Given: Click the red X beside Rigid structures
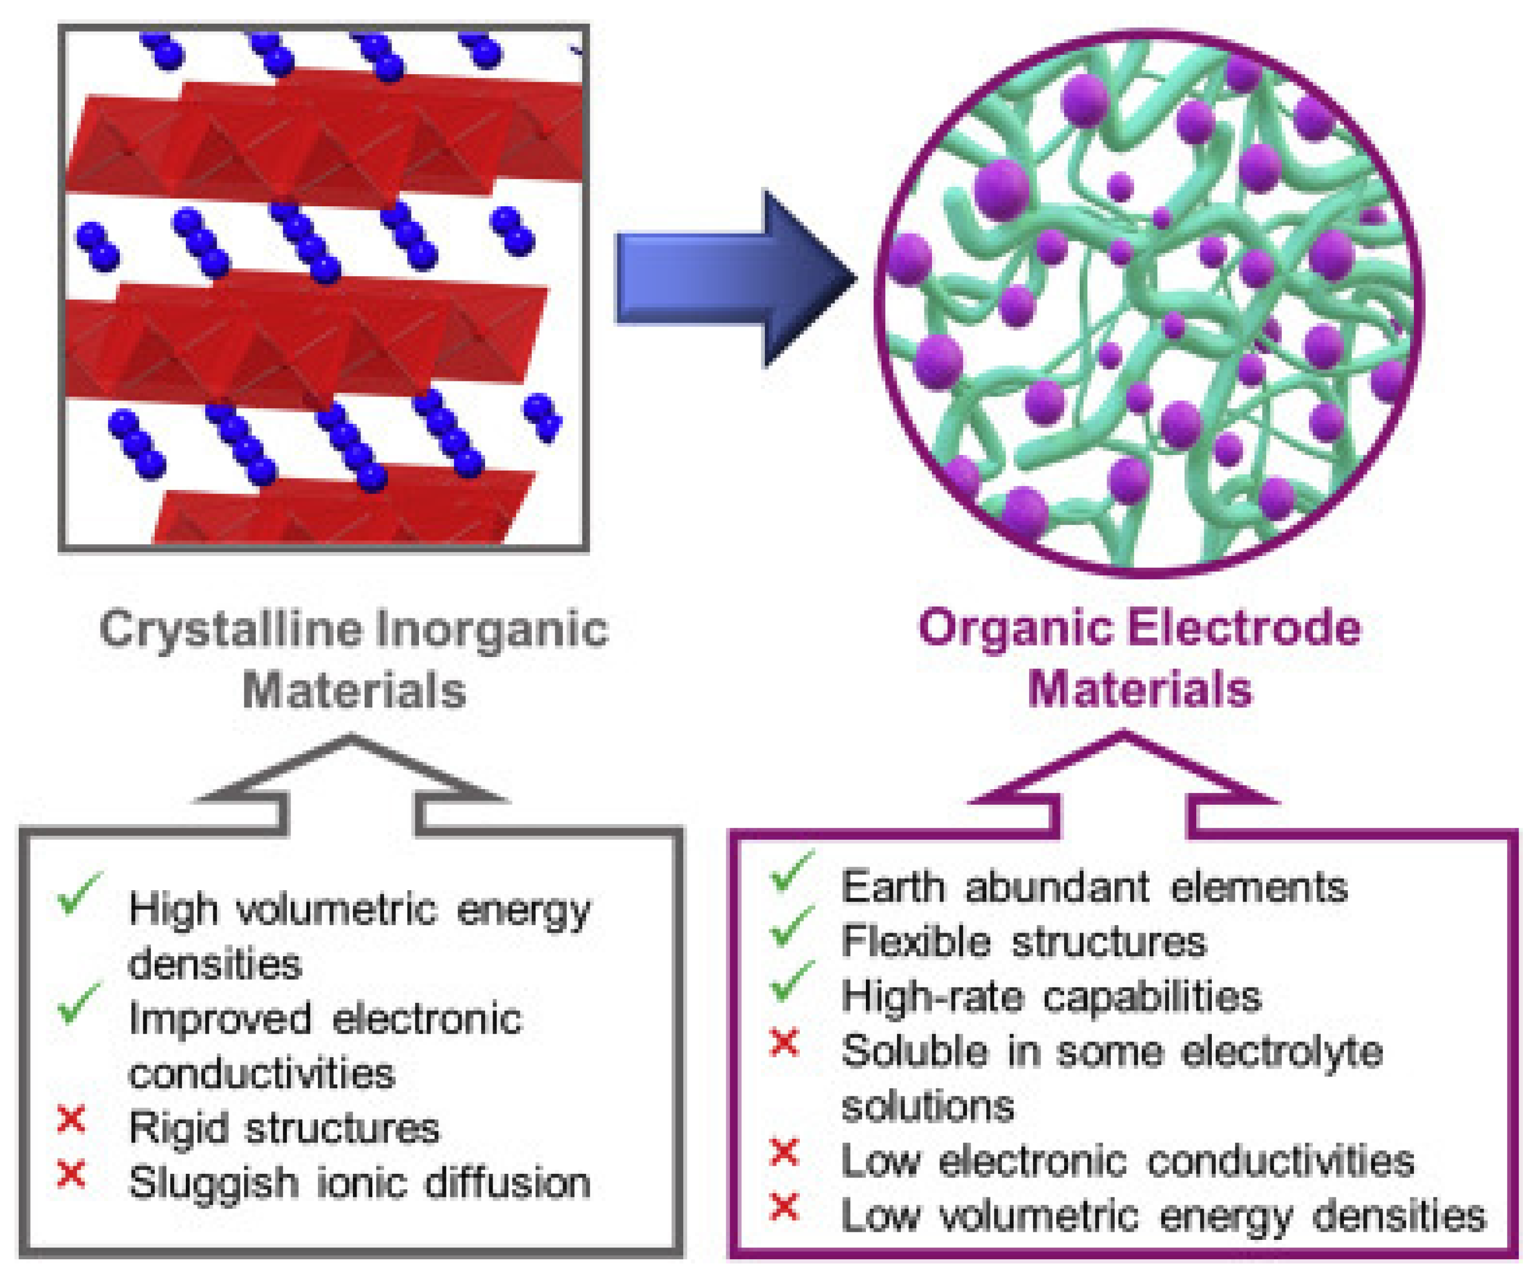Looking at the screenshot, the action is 71,1120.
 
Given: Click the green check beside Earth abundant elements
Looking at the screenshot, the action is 792,871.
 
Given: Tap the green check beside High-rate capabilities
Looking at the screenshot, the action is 792,981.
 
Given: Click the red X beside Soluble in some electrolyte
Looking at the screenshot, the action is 784,1043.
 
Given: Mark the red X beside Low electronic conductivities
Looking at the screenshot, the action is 784,1153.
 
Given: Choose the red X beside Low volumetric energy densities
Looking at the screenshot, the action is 784,1207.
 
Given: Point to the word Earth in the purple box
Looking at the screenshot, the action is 893,887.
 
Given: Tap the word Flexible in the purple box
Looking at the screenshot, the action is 915,941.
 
